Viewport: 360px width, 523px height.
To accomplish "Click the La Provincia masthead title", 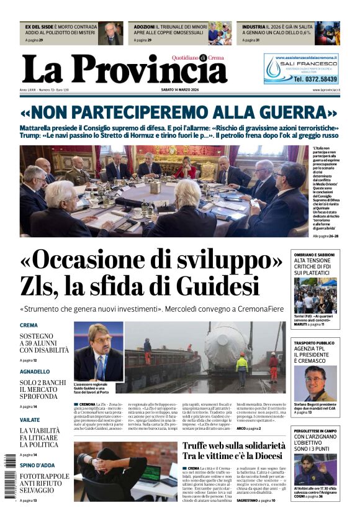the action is [x=124, y=68].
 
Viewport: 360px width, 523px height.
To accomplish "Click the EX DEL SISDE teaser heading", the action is [x=38, y=27].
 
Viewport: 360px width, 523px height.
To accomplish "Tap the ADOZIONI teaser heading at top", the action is [x=143, y=27].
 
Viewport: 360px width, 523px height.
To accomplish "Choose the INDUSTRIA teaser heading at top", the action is [x=253, y=27].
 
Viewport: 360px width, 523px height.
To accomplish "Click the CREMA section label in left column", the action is [x=29, y=325].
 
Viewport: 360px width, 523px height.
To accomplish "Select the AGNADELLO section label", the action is [x=35, y=371].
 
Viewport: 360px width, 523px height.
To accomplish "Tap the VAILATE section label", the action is [x=30, y=419].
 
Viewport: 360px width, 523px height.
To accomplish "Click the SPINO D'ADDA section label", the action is [x=36, y=465].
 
